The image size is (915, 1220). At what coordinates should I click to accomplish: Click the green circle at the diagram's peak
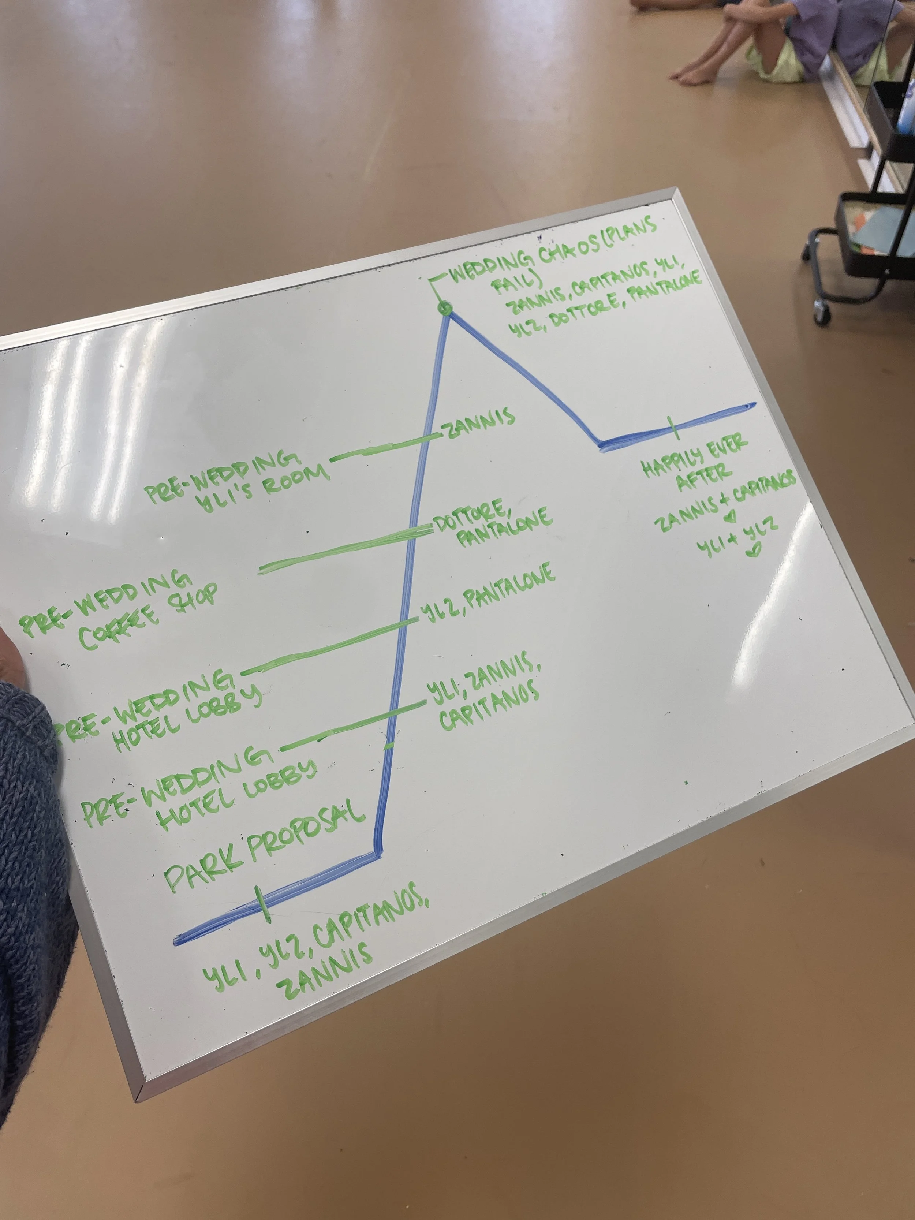[445, 308]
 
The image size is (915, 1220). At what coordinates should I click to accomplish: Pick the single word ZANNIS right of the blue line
[480, 424]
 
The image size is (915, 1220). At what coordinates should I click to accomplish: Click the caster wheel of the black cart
[821, 313]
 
